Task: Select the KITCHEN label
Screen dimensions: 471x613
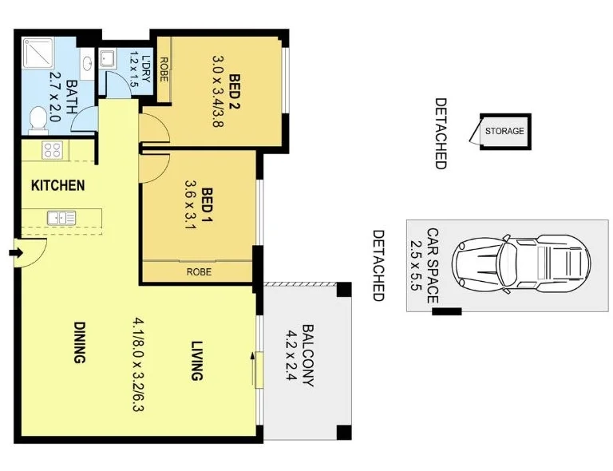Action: [x=57, y=186]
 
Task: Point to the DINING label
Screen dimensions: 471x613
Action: [x=79, y=342]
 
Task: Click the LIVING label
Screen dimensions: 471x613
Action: [x=197, y=362]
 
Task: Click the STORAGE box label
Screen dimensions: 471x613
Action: [x=504, y=131]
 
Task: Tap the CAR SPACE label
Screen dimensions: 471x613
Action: [x=432, y=263]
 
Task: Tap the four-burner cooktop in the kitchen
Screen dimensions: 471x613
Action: [x=53, y=149]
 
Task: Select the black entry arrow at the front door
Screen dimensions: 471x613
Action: [x=15, y=253]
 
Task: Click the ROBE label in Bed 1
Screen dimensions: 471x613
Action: [x=199, y=271]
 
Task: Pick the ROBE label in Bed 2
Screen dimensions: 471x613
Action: [x=162, y=70]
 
